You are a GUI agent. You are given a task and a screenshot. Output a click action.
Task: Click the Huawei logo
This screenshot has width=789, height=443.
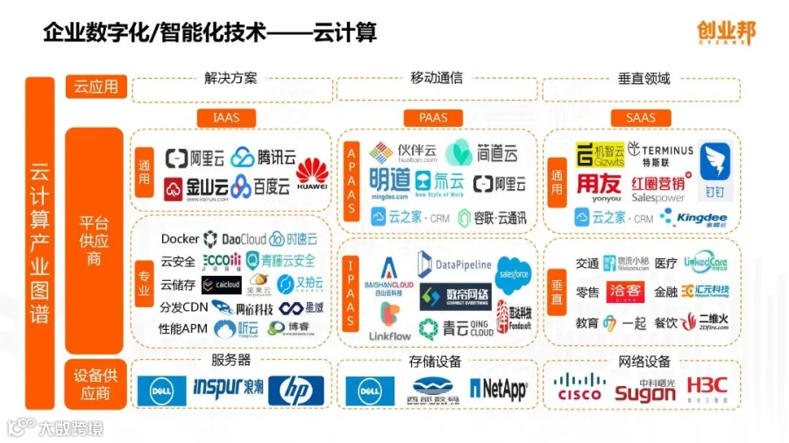[x=311, y=173]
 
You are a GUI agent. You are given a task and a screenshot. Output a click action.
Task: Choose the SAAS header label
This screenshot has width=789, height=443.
[x=640, y=117]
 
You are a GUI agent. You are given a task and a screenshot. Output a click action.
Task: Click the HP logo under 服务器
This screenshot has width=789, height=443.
[x=295, y=390]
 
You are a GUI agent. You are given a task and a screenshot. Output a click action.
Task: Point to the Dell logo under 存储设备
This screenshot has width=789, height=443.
[x=369, y=390]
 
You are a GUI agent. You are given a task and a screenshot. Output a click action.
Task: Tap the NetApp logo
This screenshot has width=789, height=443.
[x=499, y=389]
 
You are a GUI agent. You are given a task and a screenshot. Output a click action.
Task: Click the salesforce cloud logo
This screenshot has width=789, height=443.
[x=514, y=273]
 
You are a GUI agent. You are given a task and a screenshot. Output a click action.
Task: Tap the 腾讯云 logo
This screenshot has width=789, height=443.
[x=264, y=158]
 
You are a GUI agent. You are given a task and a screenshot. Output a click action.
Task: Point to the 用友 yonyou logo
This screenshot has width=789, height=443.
[x=598, y=186]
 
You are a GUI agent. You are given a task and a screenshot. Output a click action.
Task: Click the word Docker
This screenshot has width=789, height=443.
[x=180, y=239]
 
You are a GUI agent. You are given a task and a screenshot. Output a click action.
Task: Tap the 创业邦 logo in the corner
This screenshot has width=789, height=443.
[x=725, y=32]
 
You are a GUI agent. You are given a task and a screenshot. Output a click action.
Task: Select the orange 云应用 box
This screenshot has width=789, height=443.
[x=96, y=87]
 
